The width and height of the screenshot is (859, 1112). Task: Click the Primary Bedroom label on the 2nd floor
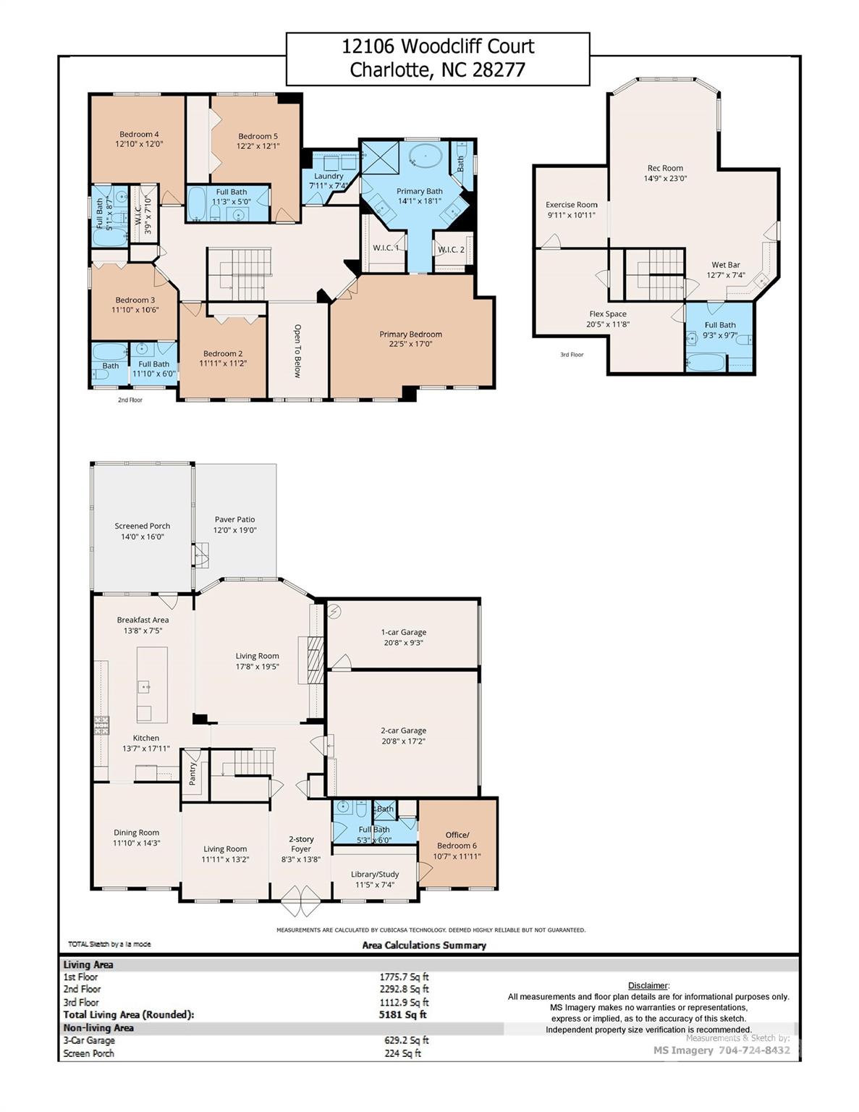pyautogui.click(x=410, y=334)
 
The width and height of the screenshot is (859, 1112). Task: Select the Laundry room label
pyautogui.click(x=329, y=176)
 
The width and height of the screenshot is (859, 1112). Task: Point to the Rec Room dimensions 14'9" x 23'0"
pyautogui.click(x=665, y=178)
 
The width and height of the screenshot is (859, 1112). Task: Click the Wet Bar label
pyautogui.click(x=725, y=265)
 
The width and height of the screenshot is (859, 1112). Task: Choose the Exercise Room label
pyautogui.click(x=571, y=205)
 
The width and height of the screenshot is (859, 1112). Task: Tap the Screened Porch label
pyautogui.click(x=142, y=526)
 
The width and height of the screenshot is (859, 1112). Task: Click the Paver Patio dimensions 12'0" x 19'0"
pyautogui.click(x=234, y=530)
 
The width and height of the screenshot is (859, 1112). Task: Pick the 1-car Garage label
pyautogui.click(x=403, y=632)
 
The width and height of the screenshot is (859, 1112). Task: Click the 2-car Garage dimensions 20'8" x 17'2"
pyautogui.click(x=403, y=741)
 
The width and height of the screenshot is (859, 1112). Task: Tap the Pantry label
pyautogui.click(x=192, y=774)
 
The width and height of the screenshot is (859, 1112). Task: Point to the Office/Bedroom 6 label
pyautogui.click(x=457, y=840)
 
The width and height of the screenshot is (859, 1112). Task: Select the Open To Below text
pyautogui.click(x=297, y=350)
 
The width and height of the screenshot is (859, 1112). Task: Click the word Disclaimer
pyautogui.click(x=648, y=985)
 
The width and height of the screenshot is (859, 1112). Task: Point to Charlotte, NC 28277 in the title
pyautogui.click(x=437, y=70)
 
